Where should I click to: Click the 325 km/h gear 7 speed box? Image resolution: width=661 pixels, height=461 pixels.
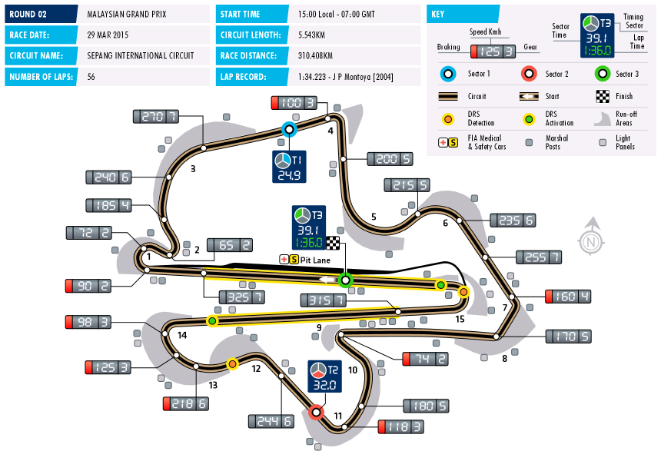coord(242,297)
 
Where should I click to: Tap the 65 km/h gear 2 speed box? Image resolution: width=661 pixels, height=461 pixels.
coord(230,245)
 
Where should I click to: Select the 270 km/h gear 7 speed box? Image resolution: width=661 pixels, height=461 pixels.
coord(156,116)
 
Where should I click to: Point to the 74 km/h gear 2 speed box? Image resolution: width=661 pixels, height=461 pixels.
coord(425,359)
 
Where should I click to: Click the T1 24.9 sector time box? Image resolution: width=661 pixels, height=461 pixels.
coord(289,167)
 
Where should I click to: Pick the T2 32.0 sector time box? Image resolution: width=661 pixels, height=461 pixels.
coord(324,376)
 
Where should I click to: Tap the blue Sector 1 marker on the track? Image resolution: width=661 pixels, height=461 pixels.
coord(289,129)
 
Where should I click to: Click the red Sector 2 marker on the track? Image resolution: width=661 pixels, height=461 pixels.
coord(316,412)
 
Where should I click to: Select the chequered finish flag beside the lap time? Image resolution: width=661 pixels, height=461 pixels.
coord(333,243)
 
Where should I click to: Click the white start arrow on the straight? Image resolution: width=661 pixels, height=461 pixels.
coord(327,280)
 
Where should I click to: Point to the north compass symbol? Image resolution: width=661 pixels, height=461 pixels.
coord(591,236)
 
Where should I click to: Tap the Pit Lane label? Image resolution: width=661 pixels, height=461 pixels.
coord(315,260)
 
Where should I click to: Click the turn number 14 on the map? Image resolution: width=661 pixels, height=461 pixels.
coord(182,336)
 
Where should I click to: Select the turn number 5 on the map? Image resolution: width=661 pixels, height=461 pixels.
coord(374,217)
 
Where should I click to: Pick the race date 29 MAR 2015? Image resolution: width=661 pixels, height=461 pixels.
coord(108,35)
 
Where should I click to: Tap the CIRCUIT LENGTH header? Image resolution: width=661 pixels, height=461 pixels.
coord(251,35)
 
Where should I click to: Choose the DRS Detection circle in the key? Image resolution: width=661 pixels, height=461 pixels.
coord(448,119)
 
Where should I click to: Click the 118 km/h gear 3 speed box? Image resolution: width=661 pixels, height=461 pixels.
coord(401,427)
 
